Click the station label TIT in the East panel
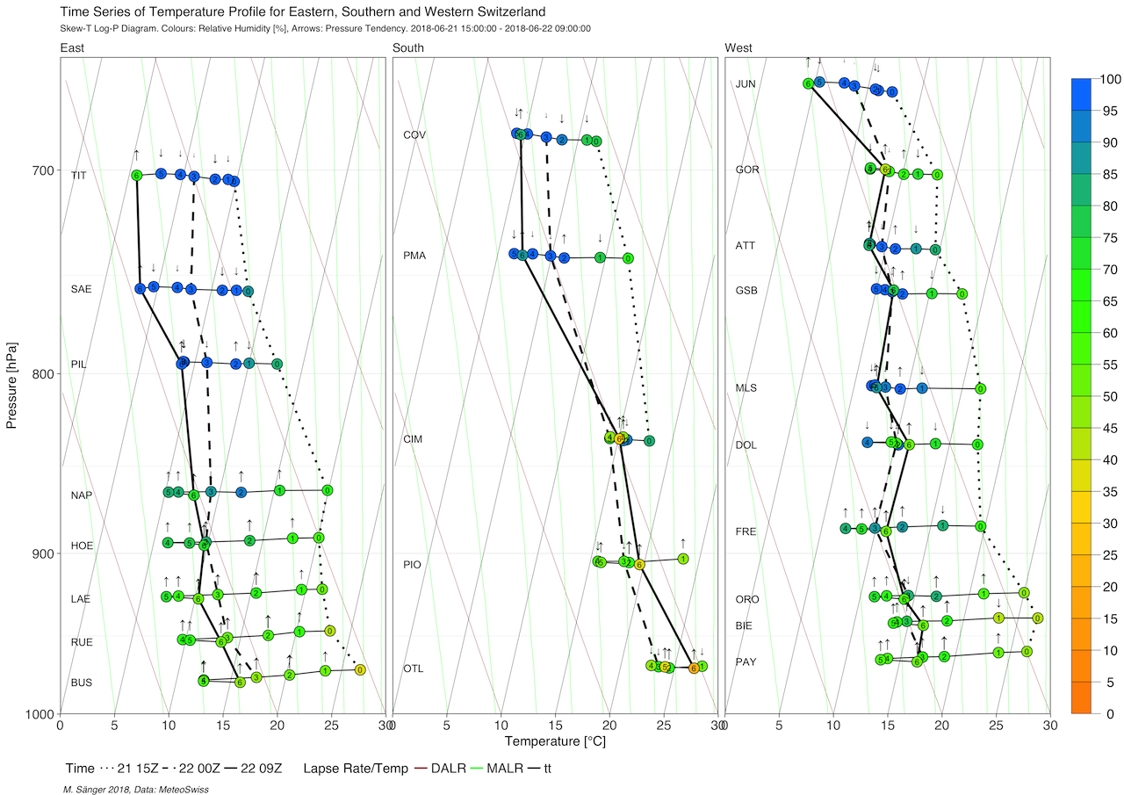pos(79,176)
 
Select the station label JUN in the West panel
pos(746,84)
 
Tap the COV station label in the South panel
pos(414,135)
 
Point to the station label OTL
pos(413,669)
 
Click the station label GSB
pos(746,290)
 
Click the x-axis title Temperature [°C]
pos(555,741)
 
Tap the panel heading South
pos(408,47)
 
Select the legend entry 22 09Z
pos(254,769)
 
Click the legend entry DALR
pos(449,769)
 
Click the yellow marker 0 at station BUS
pos(359,669)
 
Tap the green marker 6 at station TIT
pos(136,176)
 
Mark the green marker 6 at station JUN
pos(808,83)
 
